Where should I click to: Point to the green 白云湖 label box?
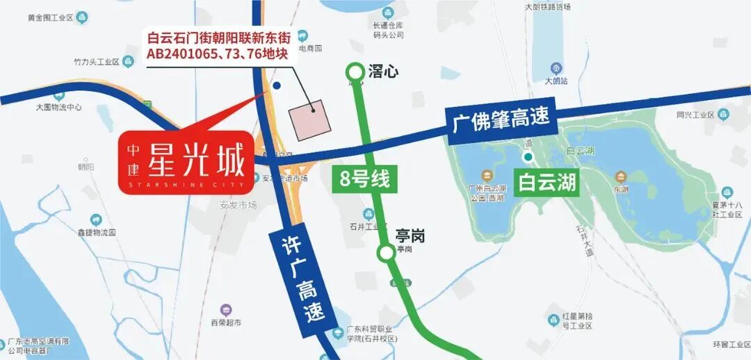[547, 182]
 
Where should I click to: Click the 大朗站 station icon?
[556, 68]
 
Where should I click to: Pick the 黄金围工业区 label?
[51, 16]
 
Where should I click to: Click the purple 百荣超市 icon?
[226, 310]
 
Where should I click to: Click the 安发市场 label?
[238, 205]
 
